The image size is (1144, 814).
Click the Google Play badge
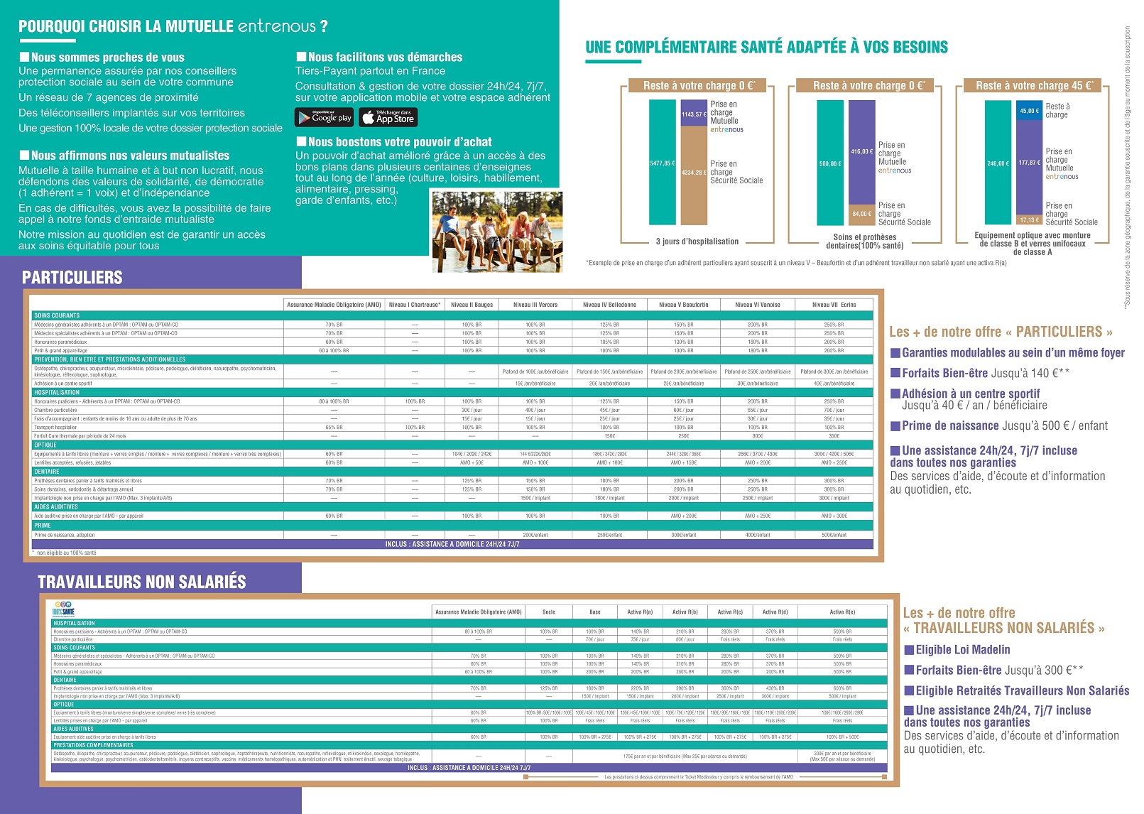pos(324,117)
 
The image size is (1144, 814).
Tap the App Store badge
pos(388,117)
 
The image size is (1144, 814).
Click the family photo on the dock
pos(497,231)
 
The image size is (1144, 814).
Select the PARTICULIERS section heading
pos(72,278)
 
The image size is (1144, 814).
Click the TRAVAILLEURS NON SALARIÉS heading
pos(142,582)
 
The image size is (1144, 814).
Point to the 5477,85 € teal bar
pos(662,163)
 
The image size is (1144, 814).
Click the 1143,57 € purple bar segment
pos(694,114)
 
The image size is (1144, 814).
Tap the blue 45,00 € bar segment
pos(1029,111)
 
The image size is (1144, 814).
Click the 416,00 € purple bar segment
pos(861,151)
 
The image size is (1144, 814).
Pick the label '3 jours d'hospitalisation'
pos(697,242)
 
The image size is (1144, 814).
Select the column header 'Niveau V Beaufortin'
pos(683,305)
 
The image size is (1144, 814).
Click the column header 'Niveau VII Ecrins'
pos(834,305)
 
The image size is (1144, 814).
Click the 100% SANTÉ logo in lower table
pos(63,609)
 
